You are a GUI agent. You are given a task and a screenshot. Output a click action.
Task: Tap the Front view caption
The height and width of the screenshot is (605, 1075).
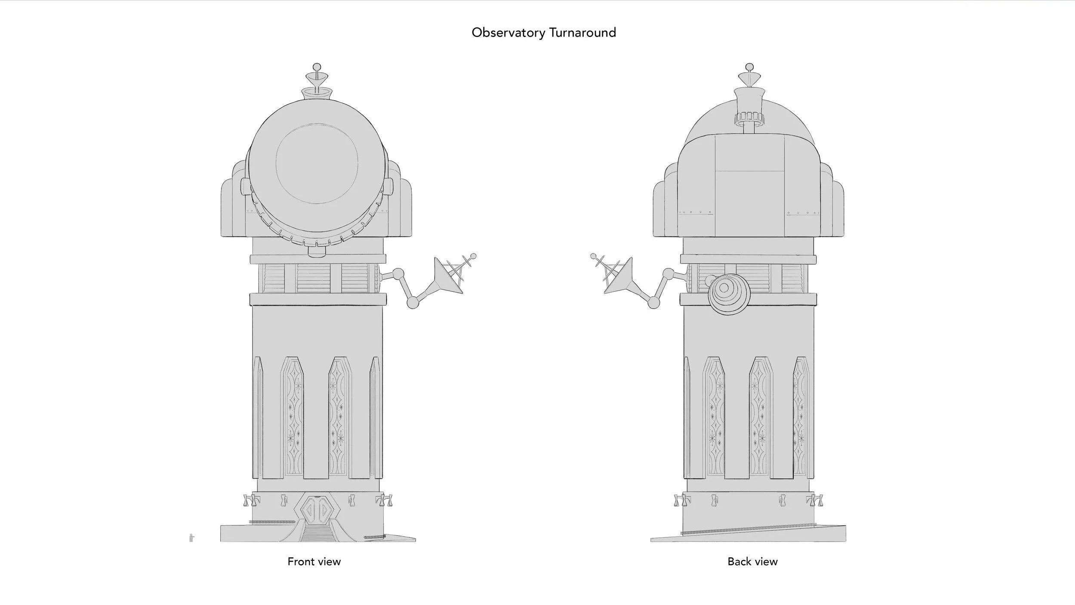point(314,562)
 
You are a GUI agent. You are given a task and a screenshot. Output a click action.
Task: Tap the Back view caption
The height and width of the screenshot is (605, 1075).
point(752,562)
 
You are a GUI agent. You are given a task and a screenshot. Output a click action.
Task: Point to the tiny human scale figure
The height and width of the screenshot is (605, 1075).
point(191,538)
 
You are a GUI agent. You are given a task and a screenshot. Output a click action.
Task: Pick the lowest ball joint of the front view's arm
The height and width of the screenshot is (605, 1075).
point(413,303)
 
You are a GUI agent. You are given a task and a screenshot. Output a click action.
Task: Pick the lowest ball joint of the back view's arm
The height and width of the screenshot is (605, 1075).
point(653,303)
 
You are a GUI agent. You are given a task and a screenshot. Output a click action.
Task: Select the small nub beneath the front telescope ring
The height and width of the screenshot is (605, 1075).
point(317,253)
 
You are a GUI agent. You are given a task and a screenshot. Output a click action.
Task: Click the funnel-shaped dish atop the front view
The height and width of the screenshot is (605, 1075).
point(317,79)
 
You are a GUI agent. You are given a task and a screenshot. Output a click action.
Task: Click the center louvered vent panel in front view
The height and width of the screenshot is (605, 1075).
point(314,278)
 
